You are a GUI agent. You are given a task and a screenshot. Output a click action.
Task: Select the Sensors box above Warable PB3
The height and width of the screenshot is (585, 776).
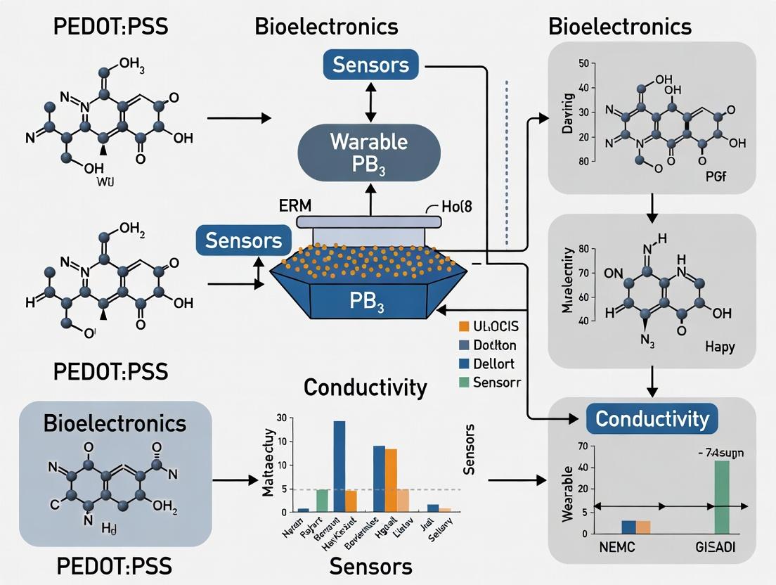(x=370, y=65)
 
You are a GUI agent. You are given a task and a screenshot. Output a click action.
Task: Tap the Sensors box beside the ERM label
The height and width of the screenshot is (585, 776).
(x=243, y=240)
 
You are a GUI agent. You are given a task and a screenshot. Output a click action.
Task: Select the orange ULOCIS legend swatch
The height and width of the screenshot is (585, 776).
(x=463, y=326)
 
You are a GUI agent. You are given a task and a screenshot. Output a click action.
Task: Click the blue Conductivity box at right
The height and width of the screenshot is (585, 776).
(x=652, y=419)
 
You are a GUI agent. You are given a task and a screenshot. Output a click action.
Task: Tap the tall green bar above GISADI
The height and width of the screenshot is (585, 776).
(x=722, y=496)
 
